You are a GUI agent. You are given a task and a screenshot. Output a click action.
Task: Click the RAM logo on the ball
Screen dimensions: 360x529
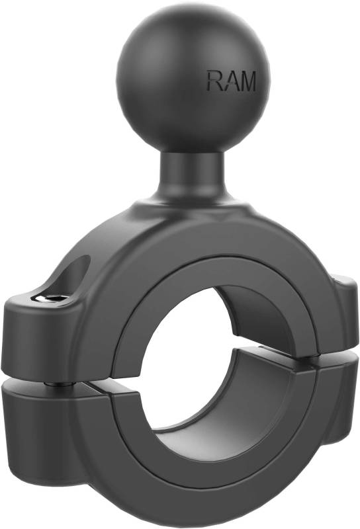[231, 81]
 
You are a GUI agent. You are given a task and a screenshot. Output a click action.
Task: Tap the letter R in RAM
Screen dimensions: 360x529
[214, 81]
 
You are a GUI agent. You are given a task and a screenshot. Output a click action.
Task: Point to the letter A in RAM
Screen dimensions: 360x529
[230, 81]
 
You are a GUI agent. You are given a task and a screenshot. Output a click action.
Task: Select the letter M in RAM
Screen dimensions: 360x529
[247, 81]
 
